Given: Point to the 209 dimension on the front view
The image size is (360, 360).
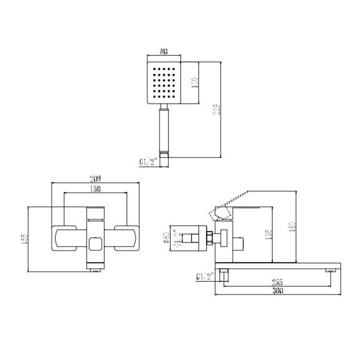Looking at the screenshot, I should tap(95, 178).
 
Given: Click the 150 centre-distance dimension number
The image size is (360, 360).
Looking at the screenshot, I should tap(95, 189).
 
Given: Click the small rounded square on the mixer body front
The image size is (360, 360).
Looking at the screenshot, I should tap(95, 245).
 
